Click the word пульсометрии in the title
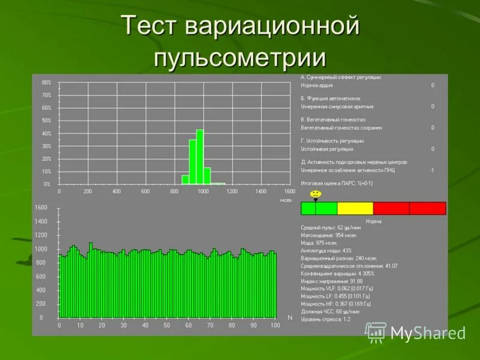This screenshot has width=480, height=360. (240, 59)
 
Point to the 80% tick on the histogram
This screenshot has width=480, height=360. (46, 82)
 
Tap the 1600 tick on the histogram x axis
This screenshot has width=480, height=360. (289, 191)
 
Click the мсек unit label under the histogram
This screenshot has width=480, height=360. (286, 199)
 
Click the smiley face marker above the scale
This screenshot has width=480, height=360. (315, 194)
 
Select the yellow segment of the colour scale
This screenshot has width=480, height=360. (355, 208)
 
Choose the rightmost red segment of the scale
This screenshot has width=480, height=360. (427, 208)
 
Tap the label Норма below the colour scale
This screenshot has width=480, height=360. (373, 221)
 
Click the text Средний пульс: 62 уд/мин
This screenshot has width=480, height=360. (331, 227)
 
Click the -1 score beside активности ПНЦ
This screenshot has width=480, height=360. (432, 170)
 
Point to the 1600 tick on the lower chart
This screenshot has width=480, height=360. (41, 208)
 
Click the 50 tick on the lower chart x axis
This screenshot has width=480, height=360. (167, 325)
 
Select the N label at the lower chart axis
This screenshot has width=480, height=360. (289, 317)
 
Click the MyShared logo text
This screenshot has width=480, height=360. (427, 333)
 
